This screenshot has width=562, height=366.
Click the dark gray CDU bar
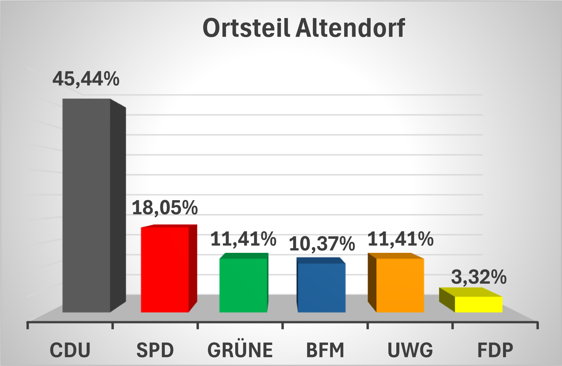coord(87,205)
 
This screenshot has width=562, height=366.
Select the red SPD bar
coord(165,269)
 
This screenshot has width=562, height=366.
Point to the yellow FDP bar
coord(478,304)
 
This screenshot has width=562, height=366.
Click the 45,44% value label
coord(86,79)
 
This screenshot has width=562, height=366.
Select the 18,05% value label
coord(165,208)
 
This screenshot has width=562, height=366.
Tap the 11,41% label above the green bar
coord(243,239)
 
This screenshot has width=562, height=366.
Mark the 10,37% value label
coord(322,244)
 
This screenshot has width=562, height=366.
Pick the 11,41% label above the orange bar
coord(400,239)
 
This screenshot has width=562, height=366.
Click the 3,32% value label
coord(479,277)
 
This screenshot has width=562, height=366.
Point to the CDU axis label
coord(70,350)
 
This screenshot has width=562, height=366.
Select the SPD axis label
coord(155,350)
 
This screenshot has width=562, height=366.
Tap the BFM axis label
coord(325,350)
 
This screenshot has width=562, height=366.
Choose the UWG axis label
coord(410,350)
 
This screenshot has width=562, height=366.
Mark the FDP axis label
coord(495,350)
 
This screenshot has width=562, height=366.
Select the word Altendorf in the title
coord(350,28)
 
